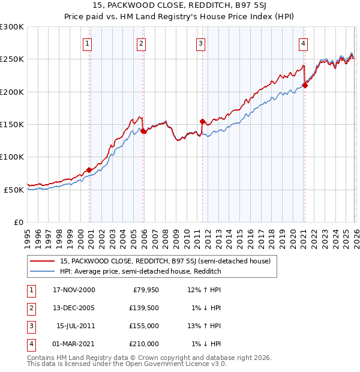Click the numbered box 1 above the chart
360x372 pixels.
click(x=88, y=43)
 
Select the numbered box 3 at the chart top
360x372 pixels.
click(x=200, y=43)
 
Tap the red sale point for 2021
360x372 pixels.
click(x=305, y=85)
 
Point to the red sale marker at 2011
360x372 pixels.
click(x=202, y=121)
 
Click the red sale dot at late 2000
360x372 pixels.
click(x=89, y=170)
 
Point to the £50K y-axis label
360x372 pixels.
click(x=13, y=190)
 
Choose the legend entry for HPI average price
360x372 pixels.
click(x=140, y=271)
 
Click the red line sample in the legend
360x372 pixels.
click(x=42, y=261)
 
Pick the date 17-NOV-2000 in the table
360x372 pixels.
click(x=74, y=290)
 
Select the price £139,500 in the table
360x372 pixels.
click(x=144, y=308)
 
